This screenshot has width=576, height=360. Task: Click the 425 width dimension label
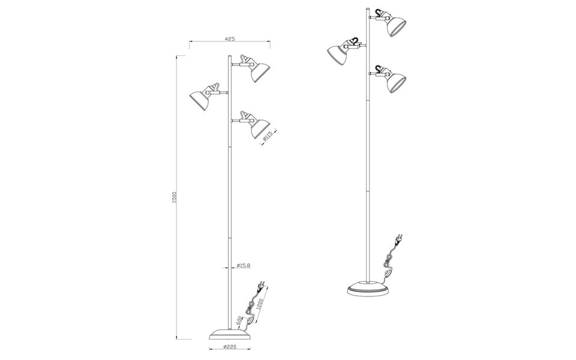(x=229, y=38)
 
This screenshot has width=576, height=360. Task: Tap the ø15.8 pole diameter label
(x=245, y=266)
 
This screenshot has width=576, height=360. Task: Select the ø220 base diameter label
(x=228, y=347)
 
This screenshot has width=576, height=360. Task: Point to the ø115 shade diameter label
(x=269, y=136)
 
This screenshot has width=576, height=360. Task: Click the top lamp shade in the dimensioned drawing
(x=259, y=71)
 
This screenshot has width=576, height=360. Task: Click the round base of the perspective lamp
(x=367, y=290)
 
